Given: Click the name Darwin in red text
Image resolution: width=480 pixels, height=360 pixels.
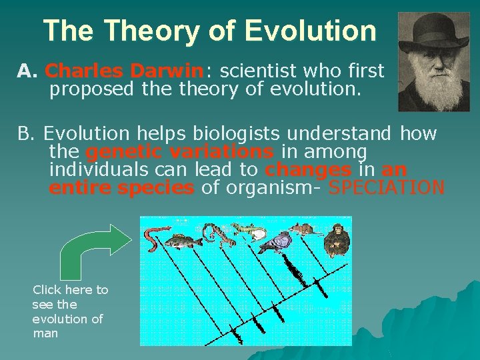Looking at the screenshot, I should coord(167,70).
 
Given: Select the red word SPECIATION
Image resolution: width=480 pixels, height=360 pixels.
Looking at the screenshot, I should coord(387,188).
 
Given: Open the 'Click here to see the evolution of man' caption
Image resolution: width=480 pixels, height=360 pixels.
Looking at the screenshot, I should coord(69,311).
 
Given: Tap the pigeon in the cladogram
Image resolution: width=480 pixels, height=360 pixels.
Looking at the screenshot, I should coord(274,243).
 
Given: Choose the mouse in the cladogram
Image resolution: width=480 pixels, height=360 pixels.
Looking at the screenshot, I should coord(303,230).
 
